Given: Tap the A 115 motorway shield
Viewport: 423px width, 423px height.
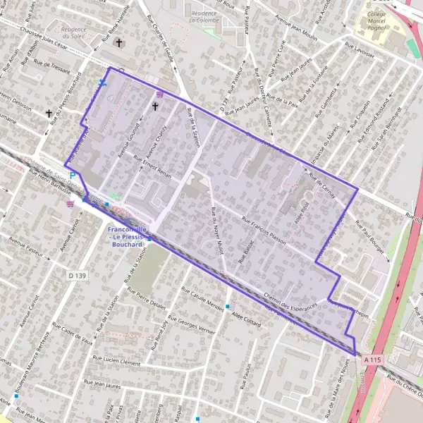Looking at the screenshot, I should tap(374, 360).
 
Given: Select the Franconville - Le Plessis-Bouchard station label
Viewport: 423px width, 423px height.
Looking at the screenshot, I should tap(128, 237).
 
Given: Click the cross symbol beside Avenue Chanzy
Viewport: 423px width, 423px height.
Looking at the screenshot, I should tap(155, 106).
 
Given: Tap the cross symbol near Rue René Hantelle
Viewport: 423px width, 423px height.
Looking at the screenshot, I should tap(119, 43).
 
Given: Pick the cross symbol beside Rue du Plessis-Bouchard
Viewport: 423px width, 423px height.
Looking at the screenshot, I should tap(49, 113).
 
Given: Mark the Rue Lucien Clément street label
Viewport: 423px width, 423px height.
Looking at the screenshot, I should tap(114, 361).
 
